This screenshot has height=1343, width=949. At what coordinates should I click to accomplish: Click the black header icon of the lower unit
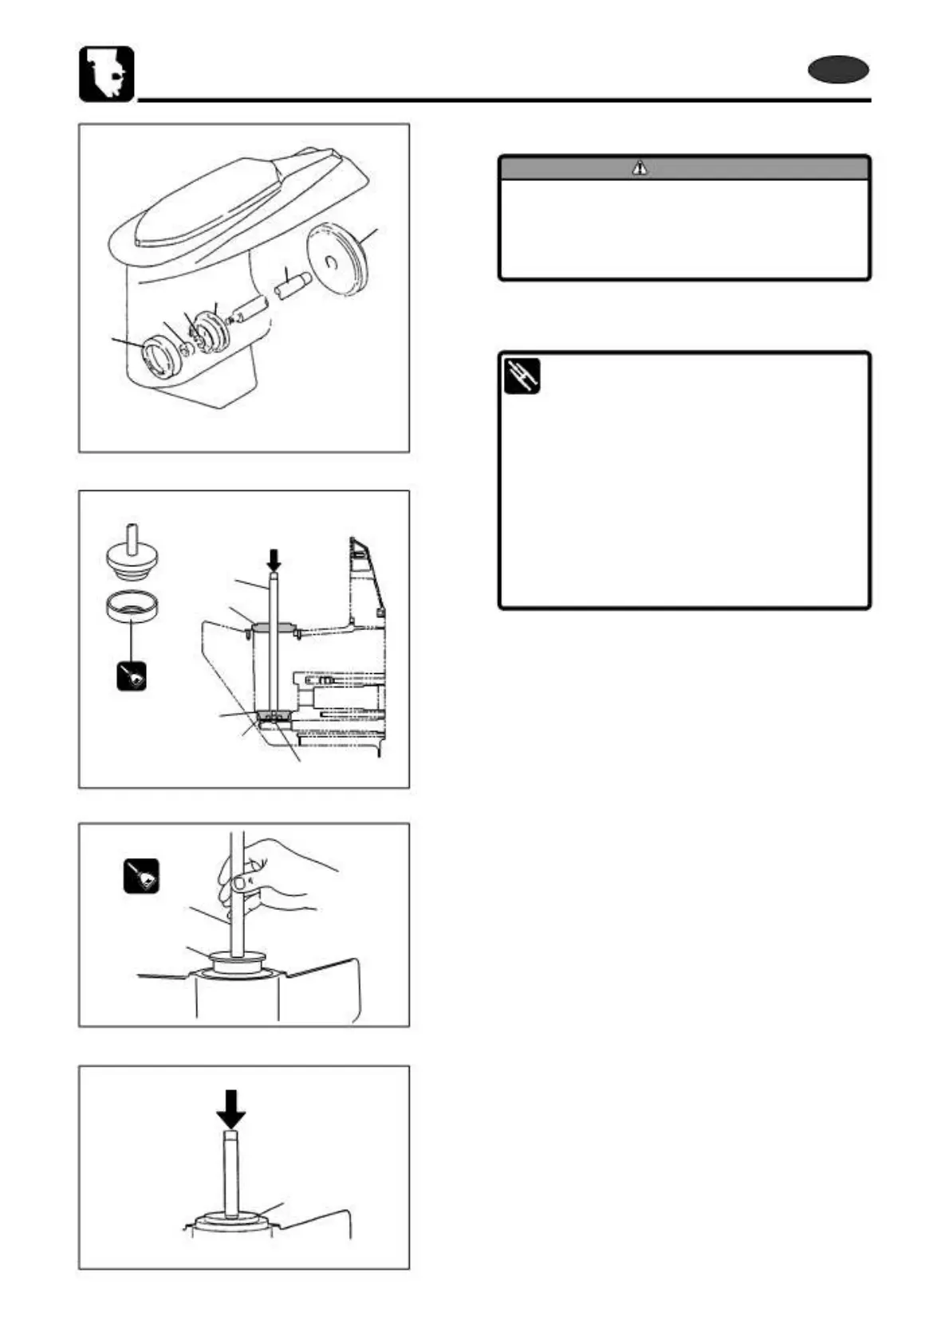[x=106, y=74]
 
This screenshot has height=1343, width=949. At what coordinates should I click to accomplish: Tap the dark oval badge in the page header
[x=837, y=71]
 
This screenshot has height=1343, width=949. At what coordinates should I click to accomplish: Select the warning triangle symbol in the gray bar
[x=640, y=168]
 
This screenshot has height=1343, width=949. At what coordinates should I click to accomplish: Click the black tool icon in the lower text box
[x=522, y=376]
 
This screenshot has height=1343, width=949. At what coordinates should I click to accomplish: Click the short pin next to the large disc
[x=292, y=284]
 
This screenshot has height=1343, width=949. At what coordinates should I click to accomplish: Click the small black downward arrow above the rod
[x=273, y=558]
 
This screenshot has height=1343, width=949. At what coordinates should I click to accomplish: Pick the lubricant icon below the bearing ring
[x=132, y=677]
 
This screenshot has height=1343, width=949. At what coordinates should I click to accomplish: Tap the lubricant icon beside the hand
[x=141, y=876]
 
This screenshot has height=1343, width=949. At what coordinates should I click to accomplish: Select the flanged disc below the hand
[x=237, y=959]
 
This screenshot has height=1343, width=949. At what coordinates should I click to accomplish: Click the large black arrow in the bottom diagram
[x=230, y=1108]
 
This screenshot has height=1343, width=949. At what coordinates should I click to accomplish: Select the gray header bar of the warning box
[x=683, y=168]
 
